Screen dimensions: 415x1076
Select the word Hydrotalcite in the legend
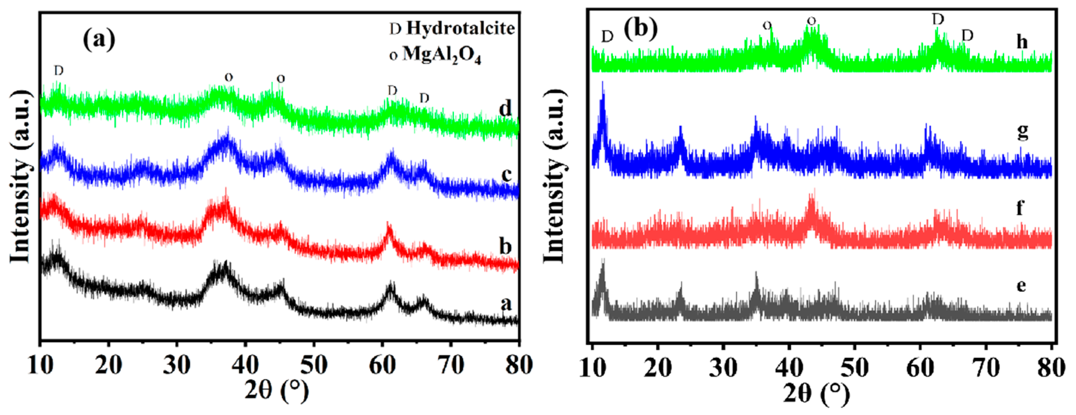461,29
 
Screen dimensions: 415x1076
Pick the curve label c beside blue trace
506,175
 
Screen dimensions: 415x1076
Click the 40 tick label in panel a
245,365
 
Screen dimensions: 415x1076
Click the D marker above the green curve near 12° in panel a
58,71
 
